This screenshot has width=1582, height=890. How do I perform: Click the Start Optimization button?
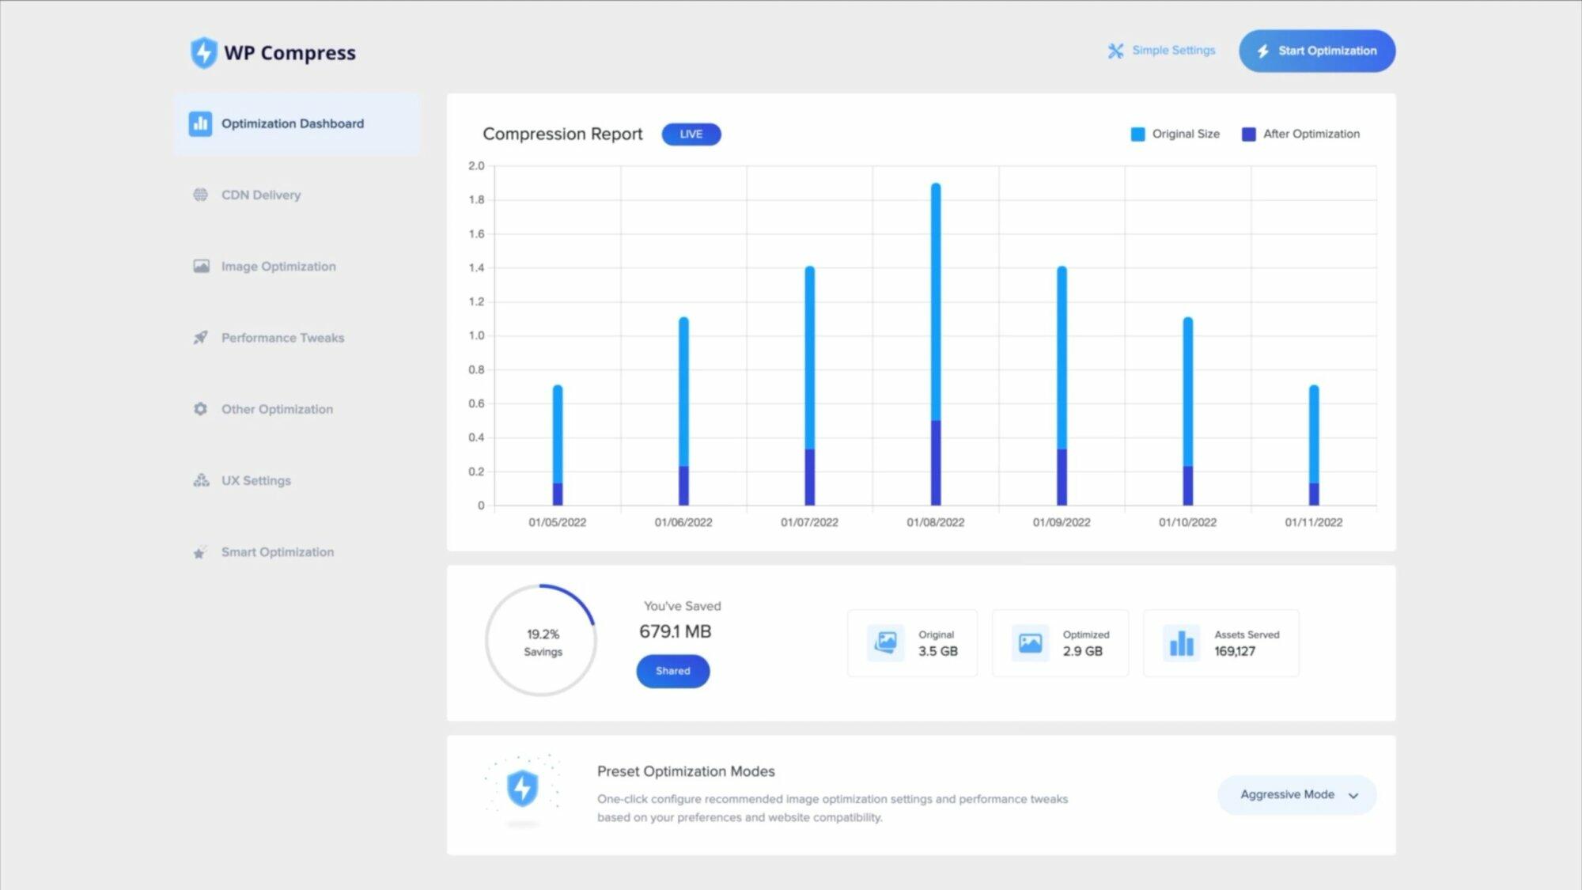point(1317,51)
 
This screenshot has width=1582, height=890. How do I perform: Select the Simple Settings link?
point(1161,51)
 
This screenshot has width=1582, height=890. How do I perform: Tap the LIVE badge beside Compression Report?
point(691,134)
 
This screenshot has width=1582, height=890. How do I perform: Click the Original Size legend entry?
point(1175,134)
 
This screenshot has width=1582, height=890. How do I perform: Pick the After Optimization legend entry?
point(1301,134)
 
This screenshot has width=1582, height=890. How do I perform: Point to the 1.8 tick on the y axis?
point(476,200)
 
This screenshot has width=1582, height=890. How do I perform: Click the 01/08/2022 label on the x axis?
point(936,522)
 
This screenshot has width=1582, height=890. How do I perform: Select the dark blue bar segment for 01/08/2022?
point(936,463)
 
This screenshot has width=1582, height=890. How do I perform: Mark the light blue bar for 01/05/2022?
point(558,434)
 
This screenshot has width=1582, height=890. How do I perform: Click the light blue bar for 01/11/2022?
point(1314,434)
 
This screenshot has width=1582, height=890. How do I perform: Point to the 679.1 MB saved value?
point(676,631)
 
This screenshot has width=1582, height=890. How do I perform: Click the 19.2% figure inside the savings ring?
point(543,634)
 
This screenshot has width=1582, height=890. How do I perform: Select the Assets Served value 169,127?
point(1235,651)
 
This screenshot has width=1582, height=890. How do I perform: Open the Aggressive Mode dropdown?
point(1297,795)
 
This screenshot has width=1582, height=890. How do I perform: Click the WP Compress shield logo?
point(204,53)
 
